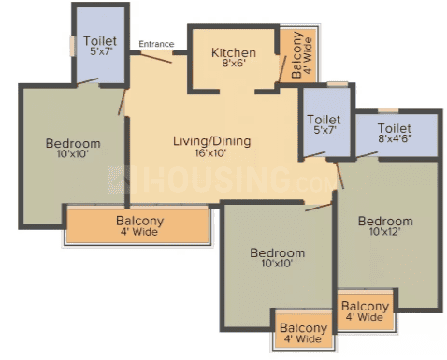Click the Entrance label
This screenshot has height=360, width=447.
coord(156,44)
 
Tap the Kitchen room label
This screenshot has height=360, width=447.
coord(234,52)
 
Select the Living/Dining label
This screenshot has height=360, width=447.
coord(211,141)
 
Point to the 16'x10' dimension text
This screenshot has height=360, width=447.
coord(210,153)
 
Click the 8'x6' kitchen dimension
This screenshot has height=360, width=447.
coord(234,64)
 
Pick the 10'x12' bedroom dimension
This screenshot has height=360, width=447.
coord(384,232)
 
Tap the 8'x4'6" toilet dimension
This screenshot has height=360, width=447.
coord(395,138)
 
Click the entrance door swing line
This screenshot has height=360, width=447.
coord(156,58)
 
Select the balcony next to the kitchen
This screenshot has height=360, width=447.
coord(298,55)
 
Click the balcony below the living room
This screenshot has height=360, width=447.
coord(137,224)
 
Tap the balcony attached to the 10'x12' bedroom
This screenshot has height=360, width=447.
coord(366,310)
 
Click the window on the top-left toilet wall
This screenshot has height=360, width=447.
coord(72,47)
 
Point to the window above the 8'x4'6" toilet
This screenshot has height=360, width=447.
coord(388,110)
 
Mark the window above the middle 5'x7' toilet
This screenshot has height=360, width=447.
coord(338,84)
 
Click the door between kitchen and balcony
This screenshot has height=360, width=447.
coord(282,69)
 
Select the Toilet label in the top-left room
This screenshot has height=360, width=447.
coord(100,41)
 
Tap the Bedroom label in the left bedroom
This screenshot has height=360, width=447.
coord(73,143)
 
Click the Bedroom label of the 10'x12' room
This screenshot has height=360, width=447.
coord(385,221)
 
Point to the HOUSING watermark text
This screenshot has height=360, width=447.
coord(217,180)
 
